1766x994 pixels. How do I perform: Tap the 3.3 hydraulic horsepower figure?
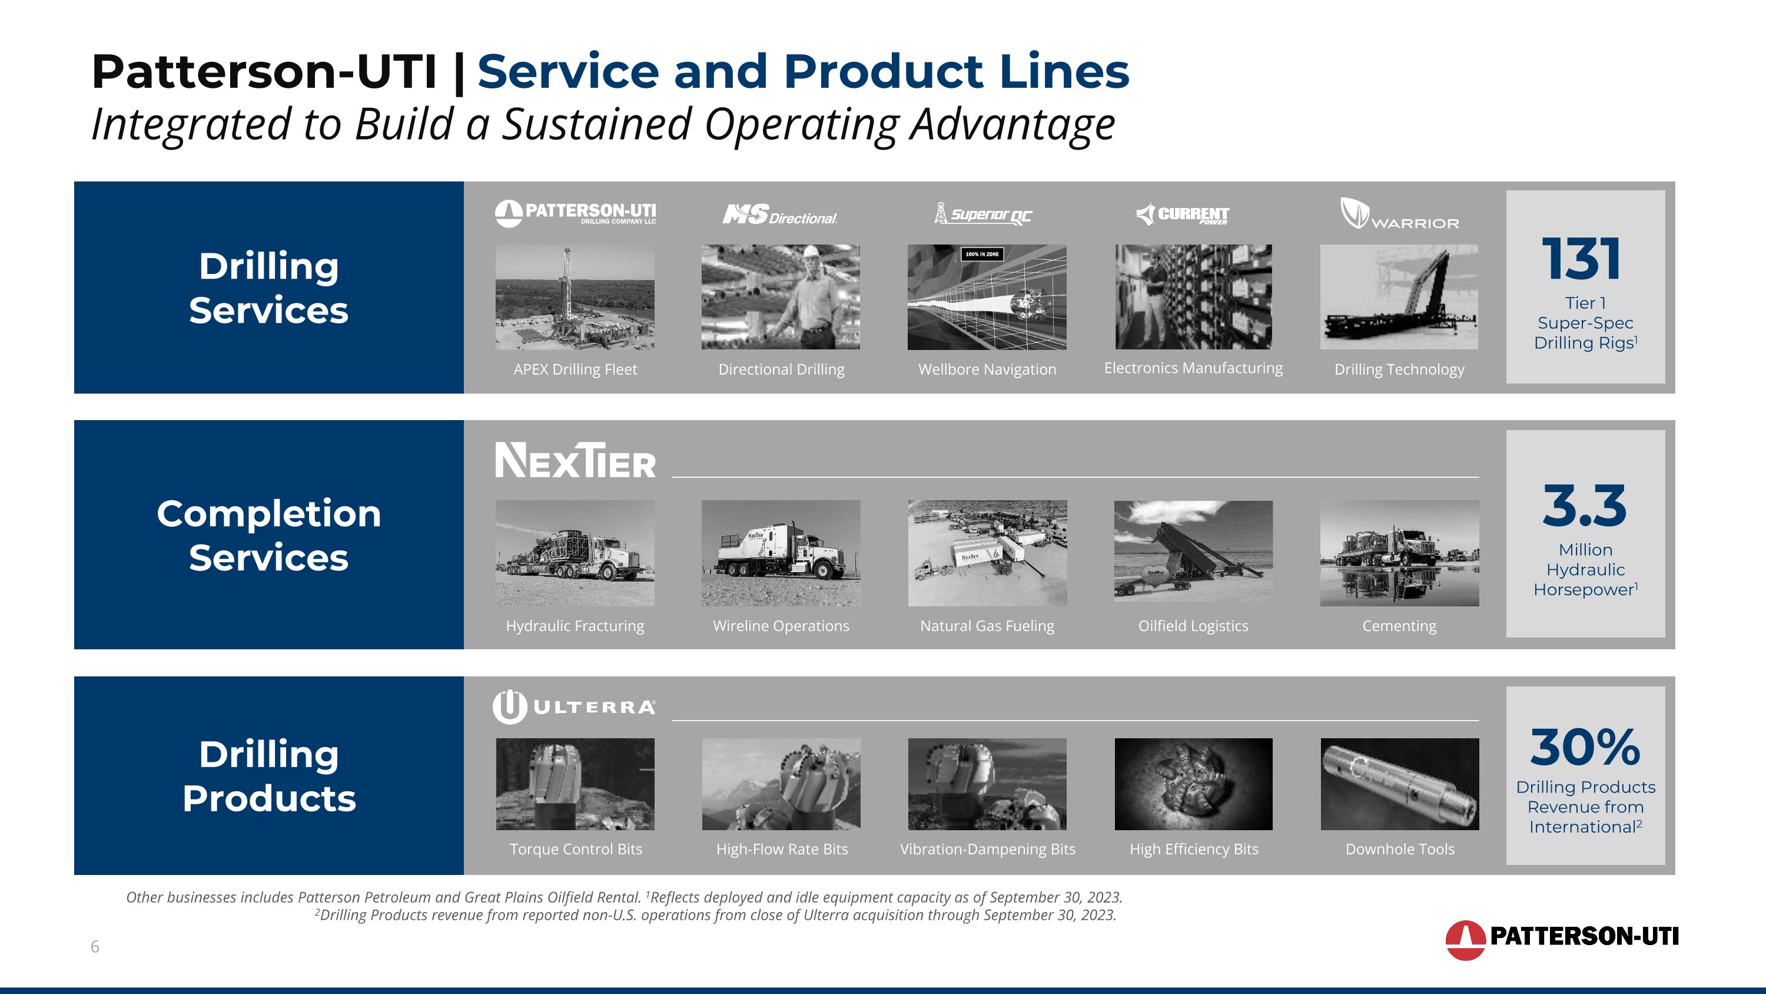1584,506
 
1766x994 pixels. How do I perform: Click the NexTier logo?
575,460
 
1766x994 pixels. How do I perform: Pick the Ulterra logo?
574,707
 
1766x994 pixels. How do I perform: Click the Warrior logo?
1399,213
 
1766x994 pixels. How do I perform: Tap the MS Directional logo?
779,216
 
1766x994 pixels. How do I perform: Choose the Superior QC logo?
983,214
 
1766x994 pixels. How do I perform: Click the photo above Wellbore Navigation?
987,297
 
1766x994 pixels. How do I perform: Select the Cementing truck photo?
1399,553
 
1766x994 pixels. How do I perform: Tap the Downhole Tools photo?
1399,784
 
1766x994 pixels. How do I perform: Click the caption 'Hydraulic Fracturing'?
575,626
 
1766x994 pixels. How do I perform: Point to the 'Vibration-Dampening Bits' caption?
987,849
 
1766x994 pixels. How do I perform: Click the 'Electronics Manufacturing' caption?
1193,368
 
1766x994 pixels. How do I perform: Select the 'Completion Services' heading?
269,535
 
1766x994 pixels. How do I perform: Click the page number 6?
95,947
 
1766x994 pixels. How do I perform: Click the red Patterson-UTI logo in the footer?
1561,939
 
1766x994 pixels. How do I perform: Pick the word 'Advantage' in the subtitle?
1012,125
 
